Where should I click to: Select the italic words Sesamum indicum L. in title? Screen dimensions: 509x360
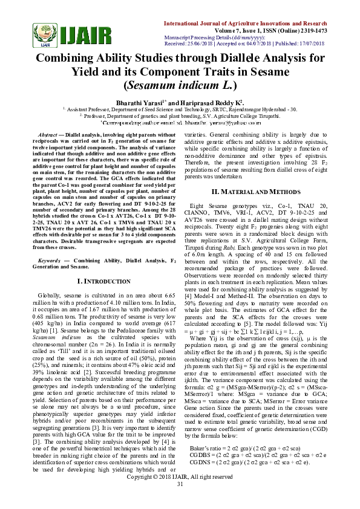coord(180,86)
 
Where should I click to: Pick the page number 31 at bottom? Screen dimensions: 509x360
coord(180,501)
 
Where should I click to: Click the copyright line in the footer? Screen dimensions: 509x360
coord(180,494)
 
